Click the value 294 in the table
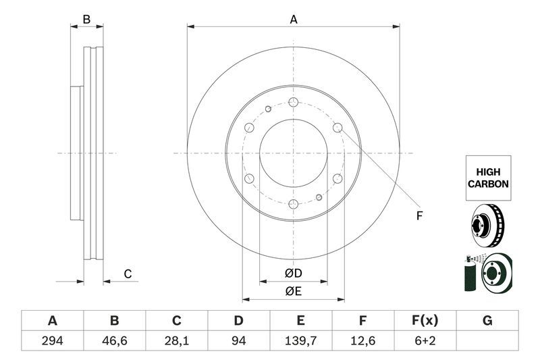[52, 340]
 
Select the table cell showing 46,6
[114, 340]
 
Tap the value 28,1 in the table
[177, 340]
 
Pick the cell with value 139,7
[301, 340]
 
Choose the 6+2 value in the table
[425, 340]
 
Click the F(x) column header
[425, 320]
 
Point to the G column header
[487, 320]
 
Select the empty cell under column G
[487, 340]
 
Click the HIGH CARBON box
[487, 178]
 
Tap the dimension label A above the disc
[294, 20]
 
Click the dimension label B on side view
[86, 20]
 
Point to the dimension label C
[127, 274]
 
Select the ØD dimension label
[293, 274]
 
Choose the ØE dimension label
[293, 292]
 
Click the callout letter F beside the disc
[418, 216]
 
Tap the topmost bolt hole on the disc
[293, 102]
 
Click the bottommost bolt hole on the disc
[293, 204]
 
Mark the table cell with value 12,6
[363, 340]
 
